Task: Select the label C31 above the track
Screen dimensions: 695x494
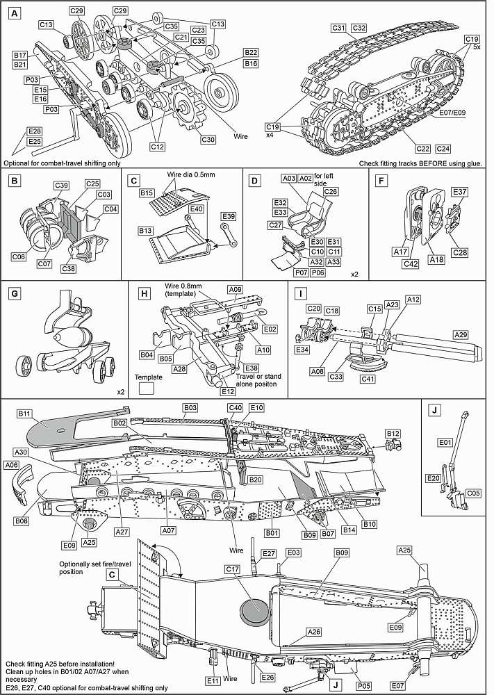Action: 338,28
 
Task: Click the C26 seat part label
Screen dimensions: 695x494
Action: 331,192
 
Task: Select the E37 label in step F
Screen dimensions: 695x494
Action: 460,192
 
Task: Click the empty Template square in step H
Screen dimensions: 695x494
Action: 147,390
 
